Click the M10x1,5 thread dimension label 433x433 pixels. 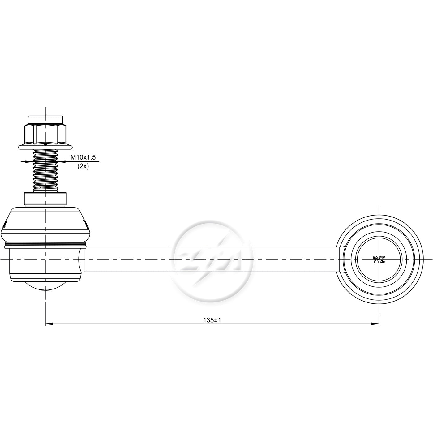83,157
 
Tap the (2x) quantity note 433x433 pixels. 83,166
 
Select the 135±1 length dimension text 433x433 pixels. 212,320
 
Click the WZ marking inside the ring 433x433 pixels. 379,260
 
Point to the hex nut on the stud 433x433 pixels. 45,134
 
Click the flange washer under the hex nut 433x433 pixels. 45,147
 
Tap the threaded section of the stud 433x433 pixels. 45,171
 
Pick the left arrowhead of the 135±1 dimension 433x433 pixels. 49,324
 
